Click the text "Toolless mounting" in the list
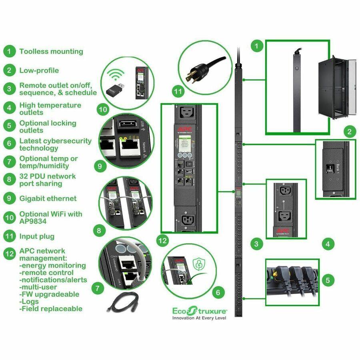51,51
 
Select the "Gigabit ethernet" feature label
48,198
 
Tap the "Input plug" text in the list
37,236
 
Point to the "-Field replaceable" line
51,308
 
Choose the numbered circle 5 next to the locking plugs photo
328,280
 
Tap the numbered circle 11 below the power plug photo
178,92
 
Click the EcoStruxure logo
200,310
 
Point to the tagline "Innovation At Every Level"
199,318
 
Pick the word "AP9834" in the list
35,221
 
